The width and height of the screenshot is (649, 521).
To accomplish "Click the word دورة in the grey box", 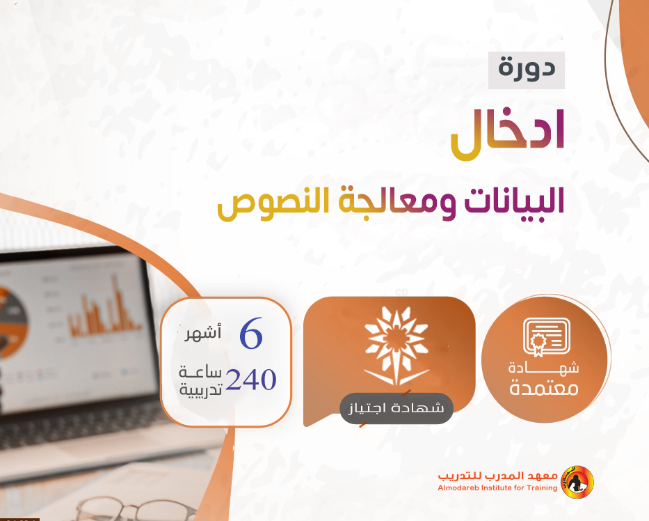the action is (527, 69).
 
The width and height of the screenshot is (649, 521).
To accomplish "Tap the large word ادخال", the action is (508, 134).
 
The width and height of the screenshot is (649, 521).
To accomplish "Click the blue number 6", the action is (251, 333).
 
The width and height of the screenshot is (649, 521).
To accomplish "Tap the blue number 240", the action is (251, 380).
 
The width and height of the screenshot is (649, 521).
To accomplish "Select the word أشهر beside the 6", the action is (202, 332).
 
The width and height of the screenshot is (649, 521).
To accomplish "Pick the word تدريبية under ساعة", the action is (201, 389).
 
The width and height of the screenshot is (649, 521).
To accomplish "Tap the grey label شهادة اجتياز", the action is (396, 408).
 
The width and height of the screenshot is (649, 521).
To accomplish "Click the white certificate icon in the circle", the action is (546, 337).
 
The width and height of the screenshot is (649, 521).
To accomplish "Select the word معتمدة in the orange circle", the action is (544, 389).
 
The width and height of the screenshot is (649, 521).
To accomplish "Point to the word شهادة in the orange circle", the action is (544, 367).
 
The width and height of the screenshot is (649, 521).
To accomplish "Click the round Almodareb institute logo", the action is (577, 483).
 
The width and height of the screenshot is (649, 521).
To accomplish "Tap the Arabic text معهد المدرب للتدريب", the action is (498, 476).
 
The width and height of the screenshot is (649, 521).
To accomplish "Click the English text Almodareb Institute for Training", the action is (497, 488).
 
